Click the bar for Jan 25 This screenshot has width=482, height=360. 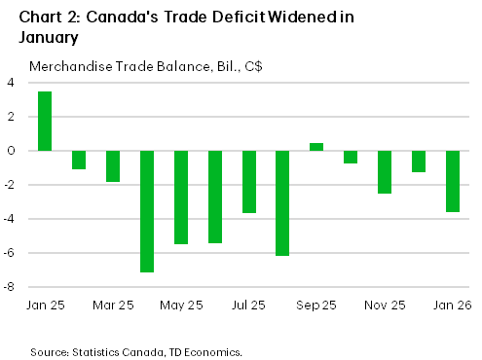click(x=45, y=122)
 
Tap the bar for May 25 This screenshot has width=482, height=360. click(x=181, y=198)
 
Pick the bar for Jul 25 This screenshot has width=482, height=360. click(x=249, y=182)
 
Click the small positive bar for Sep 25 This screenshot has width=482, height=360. click(x=316, y=147)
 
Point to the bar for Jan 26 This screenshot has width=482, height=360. click(x=453, y=181)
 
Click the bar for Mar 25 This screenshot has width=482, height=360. click(x=113, y=166)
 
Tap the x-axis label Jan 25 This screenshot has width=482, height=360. click(x=45, y=306)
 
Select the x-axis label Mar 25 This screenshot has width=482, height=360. click(x=113, y=306)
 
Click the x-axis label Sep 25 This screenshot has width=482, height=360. click(x=316, y=306)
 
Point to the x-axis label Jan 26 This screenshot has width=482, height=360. click(x=453, y=306)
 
